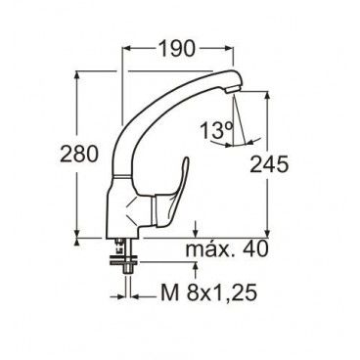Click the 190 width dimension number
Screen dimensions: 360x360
(x=177, y=49)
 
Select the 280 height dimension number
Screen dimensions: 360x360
(x=79, y=155)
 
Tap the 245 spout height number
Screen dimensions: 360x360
(x=269, y=164)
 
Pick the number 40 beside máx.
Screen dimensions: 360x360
(x=256, y=249)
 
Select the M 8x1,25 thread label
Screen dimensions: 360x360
(x=208, y=292)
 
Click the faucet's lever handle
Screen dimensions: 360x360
(x=172, y=193)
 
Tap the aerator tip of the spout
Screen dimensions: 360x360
(x=233, y=89)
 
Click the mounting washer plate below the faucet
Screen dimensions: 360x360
(x=124, y=261)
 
